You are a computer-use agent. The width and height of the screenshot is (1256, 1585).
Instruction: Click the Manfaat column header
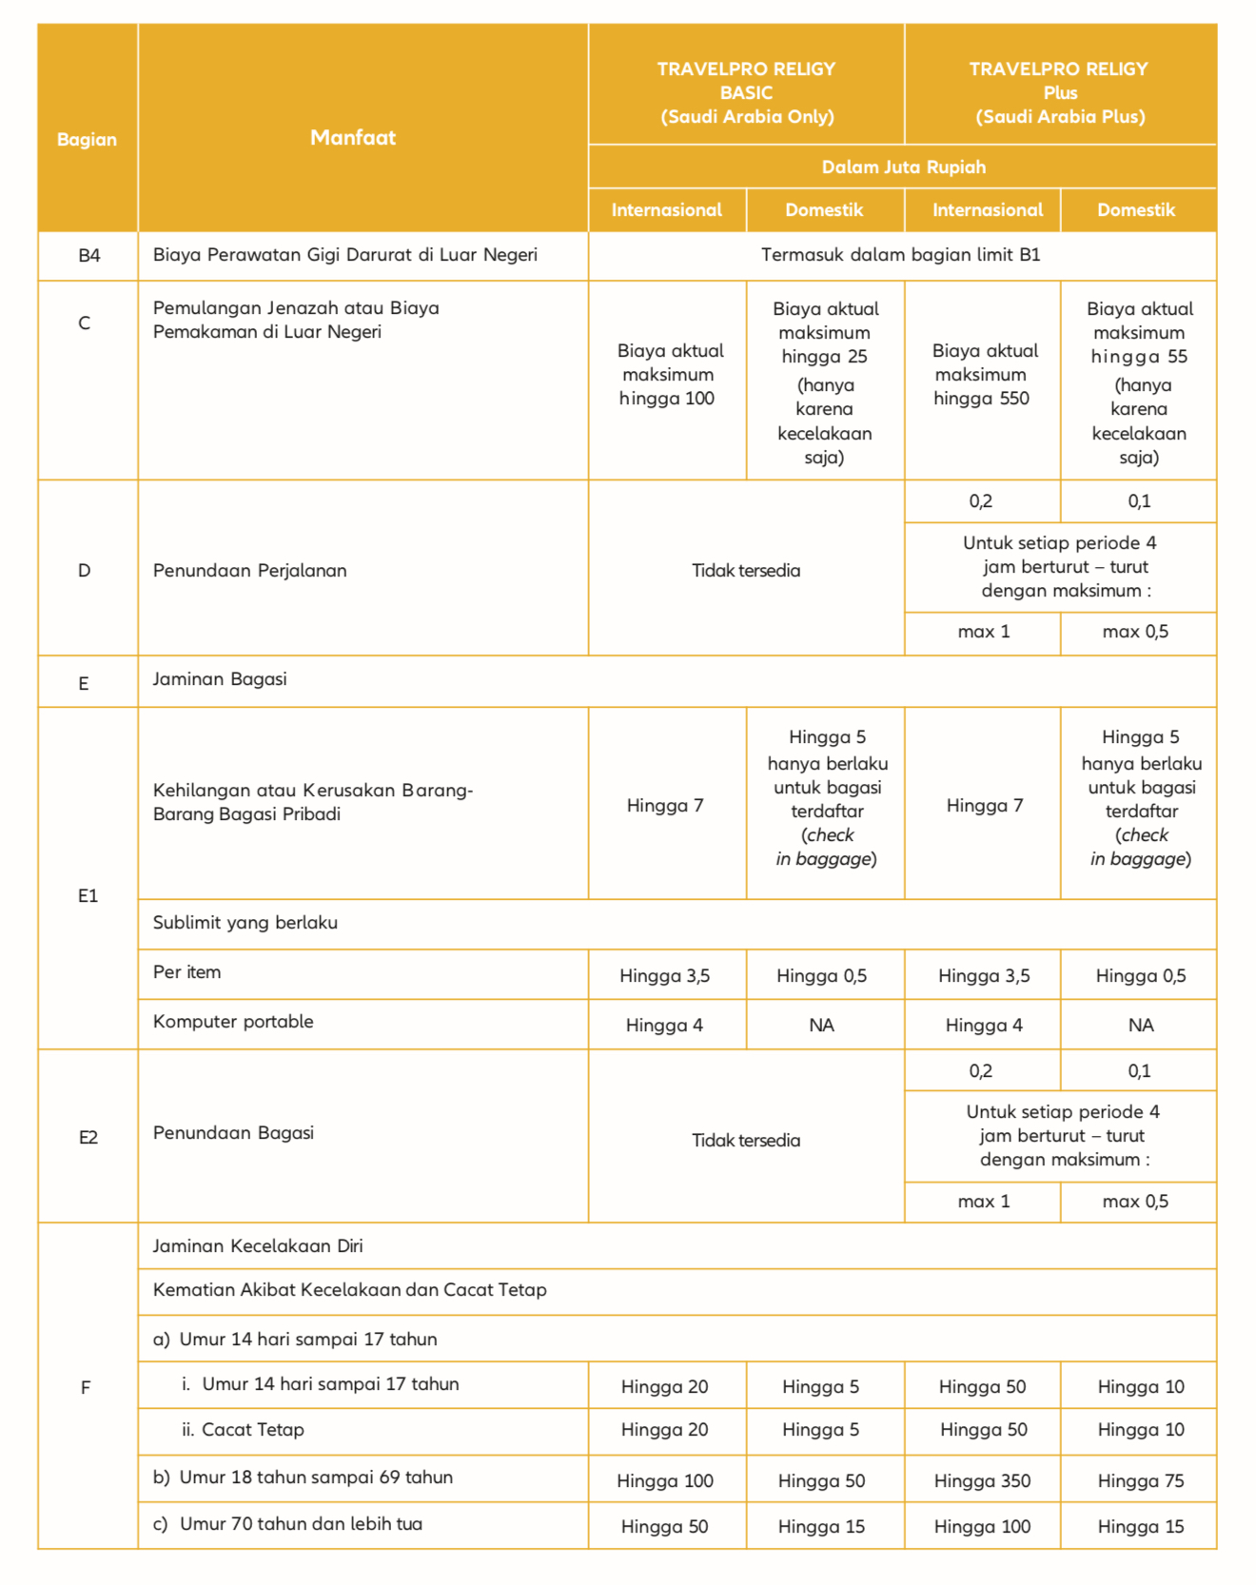(x=353, y=138)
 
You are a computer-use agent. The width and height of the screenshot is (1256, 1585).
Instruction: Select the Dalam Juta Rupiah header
(x=903, y=167)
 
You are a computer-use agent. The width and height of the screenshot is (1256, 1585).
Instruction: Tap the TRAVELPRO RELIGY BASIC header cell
(x=746, y=92)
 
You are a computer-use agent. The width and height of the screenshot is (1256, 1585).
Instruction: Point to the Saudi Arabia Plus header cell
(x=1060, y=92)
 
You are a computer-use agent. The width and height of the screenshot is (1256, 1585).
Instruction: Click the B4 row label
(x=88, y=255)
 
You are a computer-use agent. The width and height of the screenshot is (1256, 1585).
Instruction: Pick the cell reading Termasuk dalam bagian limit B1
(x=900, y=255)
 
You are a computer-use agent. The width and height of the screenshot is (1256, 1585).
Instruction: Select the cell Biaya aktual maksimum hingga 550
(x=982, y=375)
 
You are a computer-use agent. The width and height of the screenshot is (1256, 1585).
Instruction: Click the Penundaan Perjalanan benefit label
(x=249, y=571)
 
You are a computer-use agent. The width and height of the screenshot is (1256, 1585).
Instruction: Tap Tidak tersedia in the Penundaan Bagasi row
(x=746, y=1140)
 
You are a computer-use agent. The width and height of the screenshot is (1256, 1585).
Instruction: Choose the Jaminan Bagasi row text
(x=220, y=679)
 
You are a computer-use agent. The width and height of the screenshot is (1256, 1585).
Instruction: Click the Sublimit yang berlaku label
(x=245, y=923)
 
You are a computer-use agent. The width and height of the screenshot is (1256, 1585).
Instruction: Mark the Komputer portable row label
(x=233, y=1022)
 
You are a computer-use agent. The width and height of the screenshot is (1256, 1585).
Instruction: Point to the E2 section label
(x=88, y=1138)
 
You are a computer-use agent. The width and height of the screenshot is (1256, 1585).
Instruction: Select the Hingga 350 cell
(x=982, y=1480)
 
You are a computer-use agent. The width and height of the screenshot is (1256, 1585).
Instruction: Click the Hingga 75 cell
(x=1140, y=1480)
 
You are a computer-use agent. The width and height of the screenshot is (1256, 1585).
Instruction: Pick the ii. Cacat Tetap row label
(x=243, y=1430)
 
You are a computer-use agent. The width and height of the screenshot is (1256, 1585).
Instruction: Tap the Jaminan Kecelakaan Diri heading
(x=258, y=1246)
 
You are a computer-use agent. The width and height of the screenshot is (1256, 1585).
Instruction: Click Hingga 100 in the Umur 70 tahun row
(x=982, y=1527)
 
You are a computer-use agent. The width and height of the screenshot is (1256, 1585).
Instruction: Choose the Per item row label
(x=186, y=972)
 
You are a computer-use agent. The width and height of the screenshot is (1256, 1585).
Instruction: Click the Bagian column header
(x=87, y=140)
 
